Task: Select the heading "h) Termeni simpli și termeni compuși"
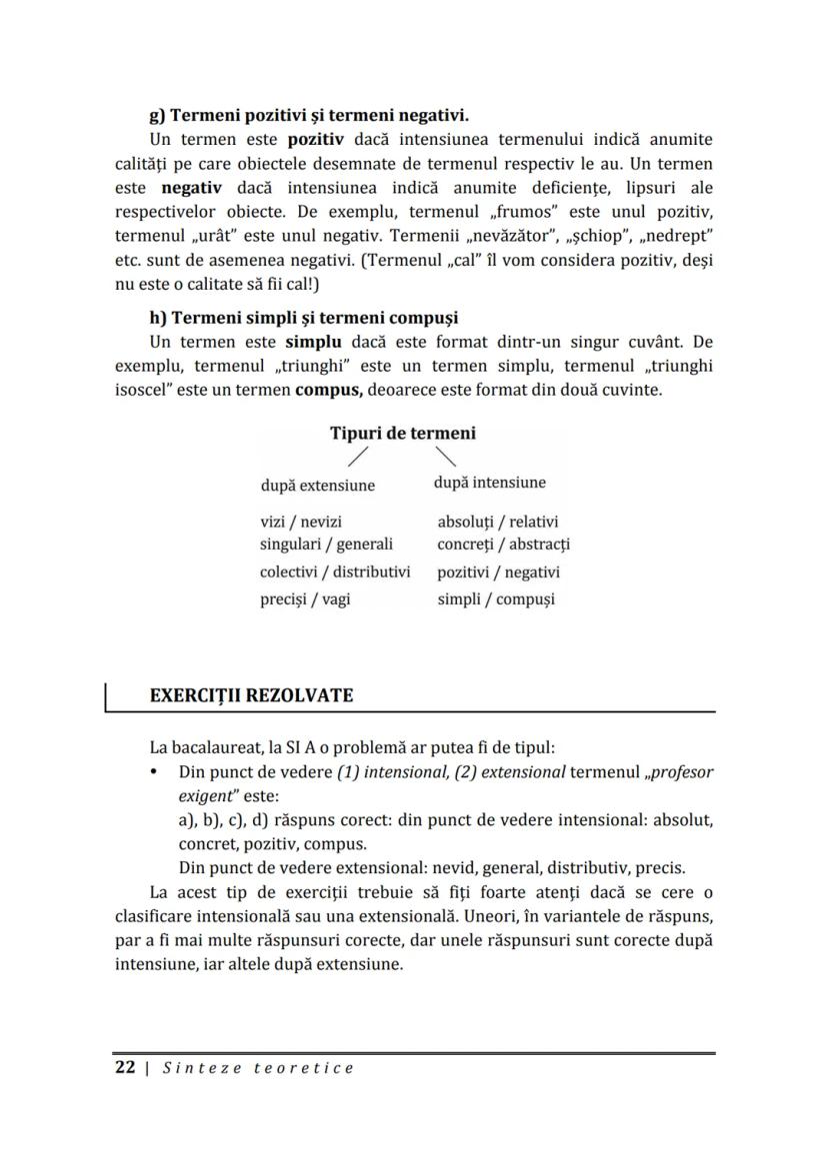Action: click(303, 318)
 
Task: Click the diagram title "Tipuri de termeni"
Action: click(403, 433)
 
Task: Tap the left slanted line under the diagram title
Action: click(357, 458)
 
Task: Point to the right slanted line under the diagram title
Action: click(447, 458)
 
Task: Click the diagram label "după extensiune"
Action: click(317, 486)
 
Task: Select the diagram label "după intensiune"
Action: click(490, 483)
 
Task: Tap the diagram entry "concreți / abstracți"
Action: click(503, 545)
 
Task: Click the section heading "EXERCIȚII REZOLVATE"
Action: click(251, 695)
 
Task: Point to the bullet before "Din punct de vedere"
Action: click(153, 773)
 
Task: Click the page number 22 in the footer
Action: click(125, 1067)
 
